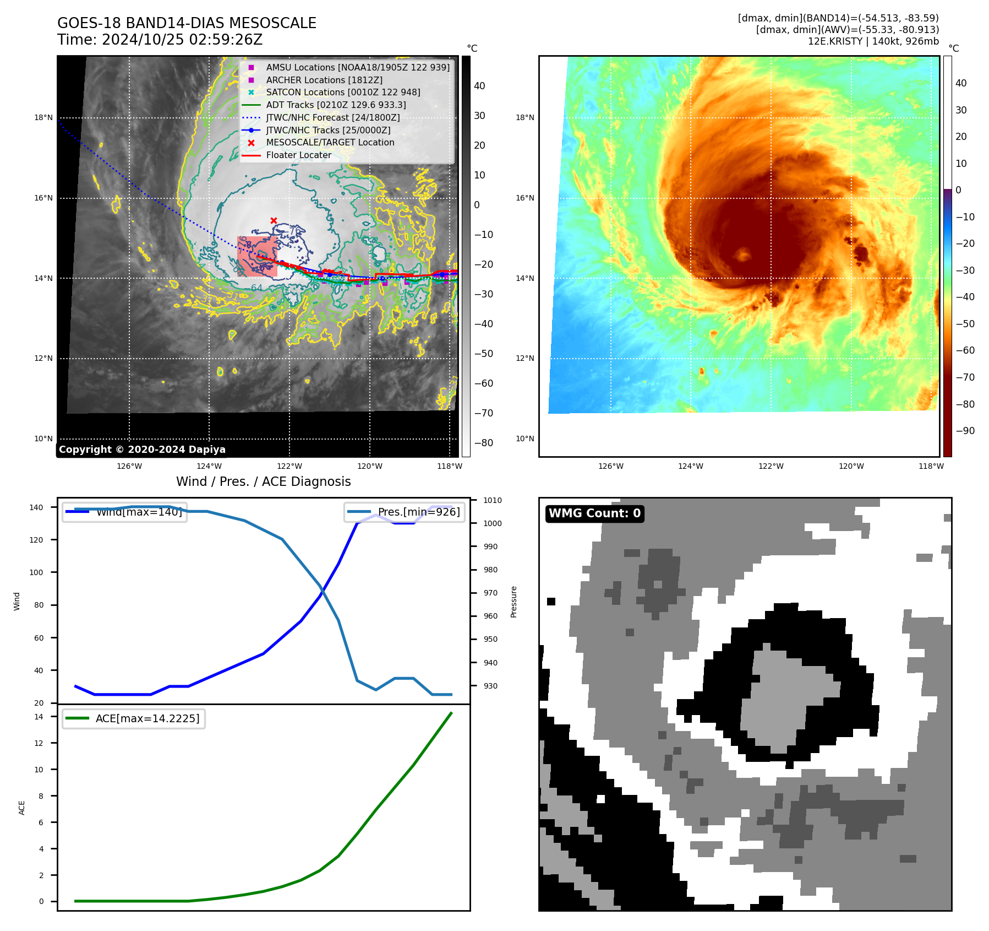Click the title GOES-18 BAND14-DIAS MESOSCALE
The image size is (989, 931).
pos(187,23)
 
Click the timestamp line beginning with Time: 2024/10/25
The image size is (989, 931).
pos(160,40)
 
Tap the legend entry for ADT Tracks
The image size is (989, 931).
pos(336,105)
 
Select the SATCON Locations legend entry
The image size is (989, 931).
pos(343,92)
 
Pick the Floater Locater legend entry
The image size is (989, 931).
pos(298,155)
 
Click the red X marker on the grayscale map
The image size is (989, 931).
pos(274,220)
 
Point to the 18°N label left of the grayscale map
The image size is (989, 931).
pos(43,117)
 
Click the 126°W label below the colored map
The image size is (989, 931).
pos(611,466)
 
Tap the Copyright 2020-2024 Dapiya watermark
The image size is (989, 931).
pos(142,450)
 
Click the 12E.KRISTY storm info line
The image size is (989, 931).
pos(873,41)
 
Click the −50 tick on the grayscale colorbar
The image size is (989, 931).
pos(484,354)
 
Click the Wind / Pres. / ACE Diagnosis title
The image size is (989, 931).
pos(263,481)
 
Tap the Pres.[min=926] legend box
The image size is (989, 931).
pos(405,512)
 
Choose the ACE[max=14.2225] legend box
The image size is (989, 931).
pos(134,718)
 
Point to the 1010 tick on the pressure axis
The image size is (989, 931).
pos(493,500)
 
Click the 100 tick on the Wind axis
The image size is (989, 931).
pos(36,572)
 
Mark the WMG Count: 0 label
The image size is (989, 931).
pos(594,513)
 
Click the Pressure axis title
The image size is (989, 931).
pos(513,602)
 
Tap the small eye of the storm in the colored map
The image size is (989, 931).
pos(743,254)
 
